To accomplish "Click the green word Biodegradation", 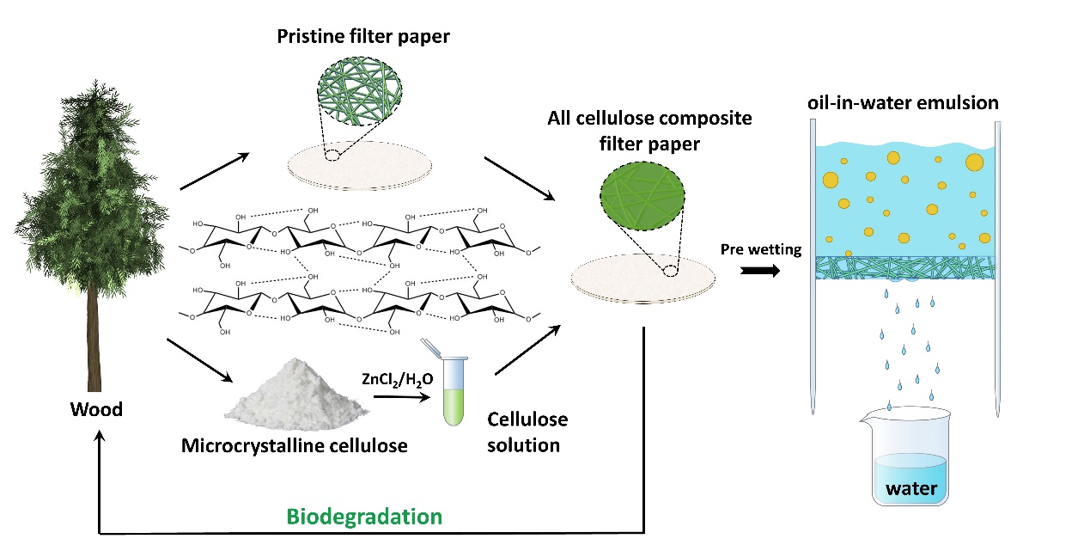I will click(x=364, y=517).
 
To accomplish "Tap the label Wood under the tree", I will click(x=96, y=409).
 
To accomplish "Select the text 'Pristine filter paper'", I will click(x=364, y=37).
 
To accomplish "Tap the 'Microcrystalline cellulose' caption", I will click(x=295, y=445).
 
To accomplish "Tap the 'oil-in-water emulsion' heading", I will click(x=903, y=103).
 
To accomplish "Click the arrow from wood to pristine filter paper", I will click(x=214, y=170).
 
